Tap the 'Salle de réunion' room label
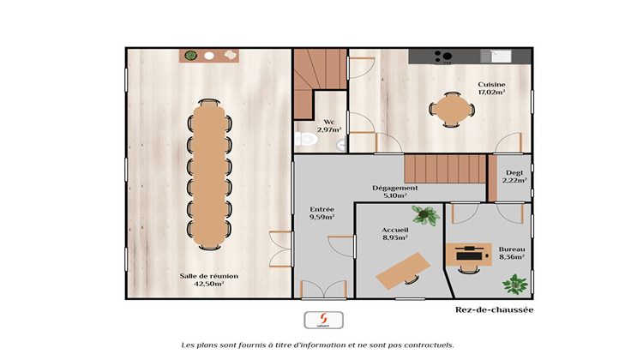point(202,275)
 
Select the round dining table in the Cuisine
point(451,109)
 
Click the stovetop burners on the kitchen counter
point(443,57)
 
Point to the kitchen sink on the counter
point(496,56)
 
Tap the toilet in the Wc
point(303,140)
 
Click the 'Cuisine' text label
point(491,85)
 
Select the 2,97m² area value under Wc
point(329,129)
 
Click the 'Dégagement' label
point(394,188)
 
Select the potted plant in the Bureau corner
point(514,283)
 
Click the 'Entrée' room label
point(321,209)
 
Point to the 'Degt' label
point(514,172)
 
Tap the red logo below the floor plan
point(315,319)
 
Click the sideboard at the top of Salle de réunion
point(210,56)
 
